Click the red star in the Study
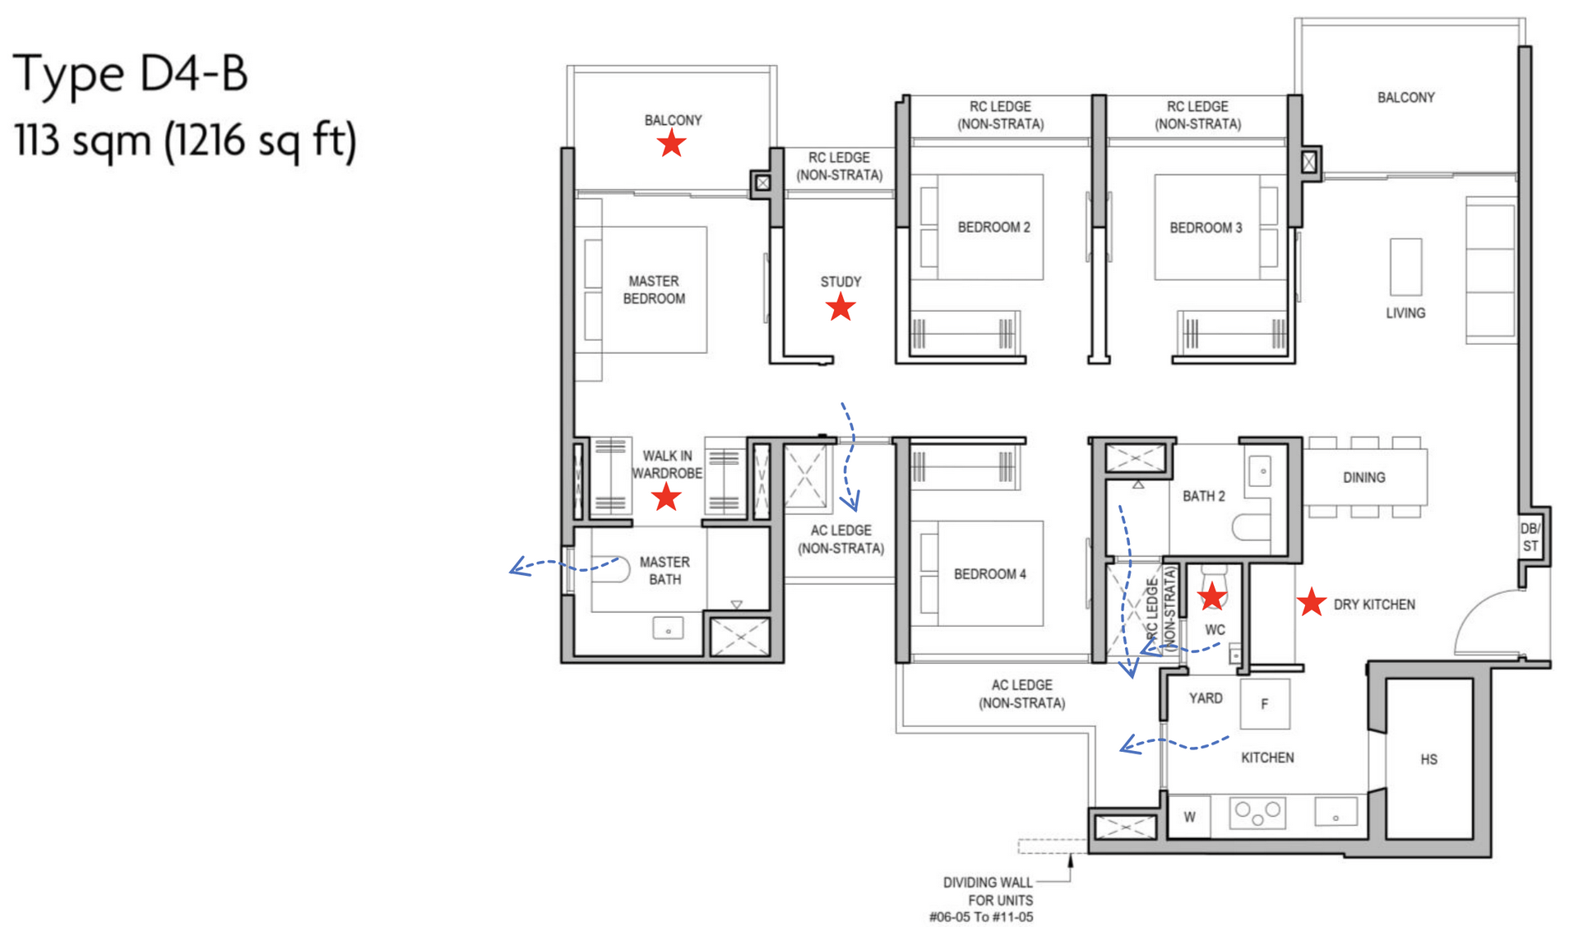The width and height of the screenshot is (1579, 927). pos(840,308)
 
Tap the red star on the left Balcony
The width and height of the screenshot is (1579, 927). pos(671,143)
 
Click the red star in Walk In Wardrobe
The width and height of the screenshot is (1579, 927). pos(665,497)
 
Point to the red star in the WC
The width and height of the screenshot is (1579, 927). pos(1211,596)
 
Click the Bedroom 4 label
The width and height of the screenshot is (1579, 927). pos(989,574)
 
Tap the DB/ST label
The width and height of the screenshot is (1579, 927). pos(1530,537)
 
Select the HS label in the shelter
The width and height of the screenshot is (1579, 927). pos(1429,759)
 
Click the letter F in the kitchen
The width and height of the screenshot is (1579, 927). pos(1264,704)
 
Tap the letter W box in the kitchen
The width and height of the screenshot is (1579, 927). pos(1189,817)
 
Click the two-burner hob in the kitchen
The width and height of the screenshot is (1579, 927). pos(1257,813)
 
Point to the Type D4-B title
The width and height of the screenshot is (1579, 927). pos(130,73)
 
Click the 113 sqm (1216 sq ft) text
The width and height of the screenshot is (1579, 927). pos(185,140)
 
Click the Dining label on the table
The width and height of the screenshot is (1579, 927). pos(1364,477)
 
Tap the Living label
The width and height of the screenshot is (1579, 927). pos(1405,313)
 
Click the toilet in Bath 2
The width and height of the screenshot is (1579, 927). pos(1251,527)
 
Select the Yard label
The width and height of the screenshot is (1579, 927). pos(1205,698)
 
